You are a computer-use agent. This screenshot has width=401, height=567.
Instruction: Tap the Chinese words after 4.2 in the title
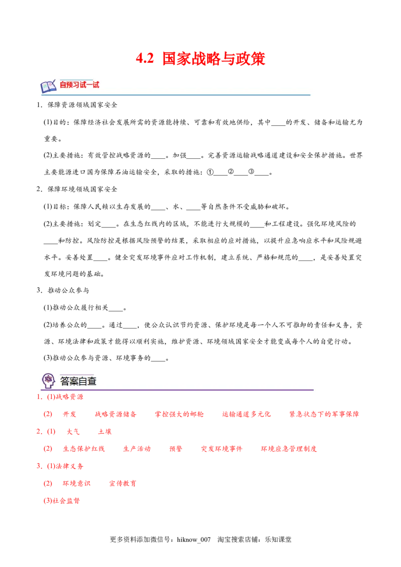(x=214, y=59)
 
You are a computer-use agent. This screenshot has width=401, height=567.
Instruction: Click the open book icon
(x=48, y=86)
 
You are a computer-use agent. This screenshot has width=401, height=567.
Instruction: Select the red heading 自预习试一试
(x=79, y=85)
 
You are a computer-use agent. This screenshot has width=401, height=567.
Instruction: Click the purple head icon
(x=48, y=381)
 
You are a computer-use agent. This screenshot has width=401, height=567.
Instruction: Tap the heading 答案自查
(x=78, y=381)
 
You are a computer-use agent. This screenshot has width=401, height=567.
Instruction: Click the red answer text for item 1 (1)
(x=66, y=397)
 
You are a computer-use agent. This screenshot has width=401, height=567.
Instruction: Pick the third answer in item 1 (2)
(x=179, y=414)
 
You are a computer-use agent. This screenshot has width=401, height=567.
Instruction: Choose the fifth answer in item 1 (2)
(x=324, y=414)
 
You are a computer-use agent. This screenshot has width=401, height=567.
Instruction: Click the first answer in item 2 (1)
(x=73, y=431)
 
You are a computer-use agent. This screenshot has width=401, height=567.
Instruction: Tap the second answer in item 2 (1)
(x=104, y=431)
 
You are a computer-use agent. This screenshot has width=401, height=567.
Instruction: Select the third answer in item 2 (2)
(x=175, y=449)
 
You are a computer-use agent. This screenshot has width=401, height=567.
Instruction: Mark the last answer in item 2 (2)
(x=289, y=449)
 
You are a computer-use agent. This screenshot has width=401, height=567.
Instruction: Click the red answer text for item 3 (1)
(x=66, y=466)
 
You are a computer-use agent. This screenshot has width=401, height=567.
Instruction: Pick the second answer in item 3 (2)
(x=122, y=483)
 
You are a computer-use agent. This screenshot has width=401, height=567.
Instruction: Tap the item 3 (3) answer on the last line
(x=63, y=500)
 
